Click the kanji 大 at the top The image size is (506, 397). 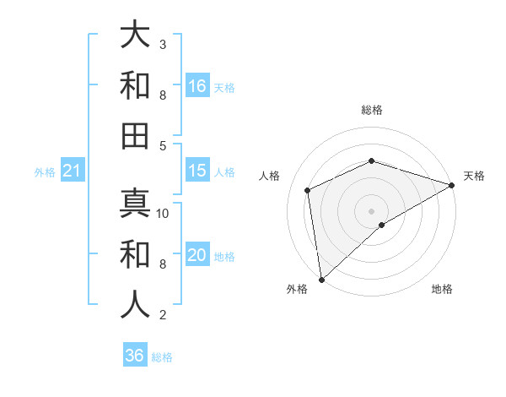coord(135,35)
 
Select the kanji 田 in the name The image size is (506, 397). coord(135,136)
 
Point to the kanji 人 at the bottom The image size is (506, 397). coord(135,304)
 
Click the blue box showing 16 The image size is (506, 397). coord(197,85)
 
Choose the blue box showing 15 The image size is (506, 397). coord(197,171)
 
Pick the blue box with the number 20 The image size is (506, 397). coord(197,255)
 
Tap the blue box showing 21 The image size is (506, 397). coord(72,171)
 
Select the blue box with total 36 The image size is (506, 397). coord(135,356)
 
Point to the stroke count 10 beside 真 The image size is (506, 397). coord(163,213)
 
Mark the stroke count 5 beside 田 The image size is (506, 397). coord(163,145)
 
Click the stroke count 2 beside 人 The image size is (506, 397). coord(163,315)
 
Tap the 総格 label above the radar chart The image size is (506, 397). coord(371,110)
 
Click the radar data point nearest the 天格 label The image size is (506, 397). coord(452,185)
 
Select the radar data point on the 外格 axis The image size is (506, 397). coord(321,279)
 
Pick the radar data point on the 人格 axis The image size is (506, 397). coord(308,190)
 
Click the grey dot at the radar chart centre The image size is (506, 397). coord(371,210)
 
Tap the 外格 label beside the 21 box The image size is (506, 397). coord(44,172)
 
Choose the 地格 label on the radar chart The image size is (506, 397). coord(442,290)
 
